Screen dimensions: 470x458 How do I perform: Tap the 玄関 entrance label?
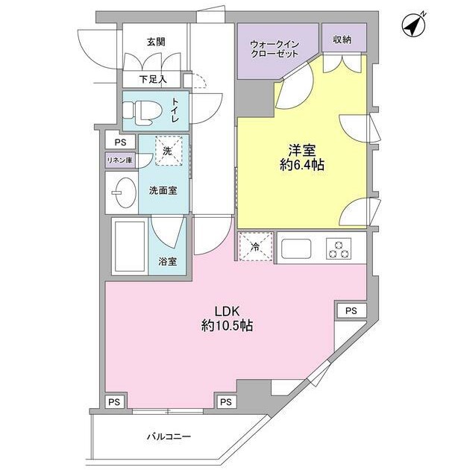[x=156, y=43]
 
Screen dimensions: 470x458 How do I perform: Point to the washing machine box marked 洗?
[x=169, y=151]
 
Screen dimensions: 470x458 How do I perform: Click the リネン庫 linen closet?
[x=119, y=160]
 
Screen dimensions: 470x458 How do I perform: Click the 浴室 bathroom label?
[x=167, y=261]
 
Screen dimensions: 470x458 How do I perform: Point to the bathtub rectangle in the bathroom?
[x=129, y=246]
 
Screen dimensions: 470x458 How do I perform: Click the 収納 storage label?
[x=343, y=39]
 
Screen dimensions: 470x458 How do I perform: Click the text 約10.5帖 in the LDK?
[x=225, y=325]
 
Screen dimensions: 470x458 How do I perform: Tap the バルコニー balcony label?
[x=169, y=437]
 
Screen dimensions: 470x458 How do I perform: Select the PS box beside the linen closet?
[x=119, y=142]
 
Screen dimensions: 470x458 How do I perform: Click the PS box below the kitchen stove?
[x=351, y=310]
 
